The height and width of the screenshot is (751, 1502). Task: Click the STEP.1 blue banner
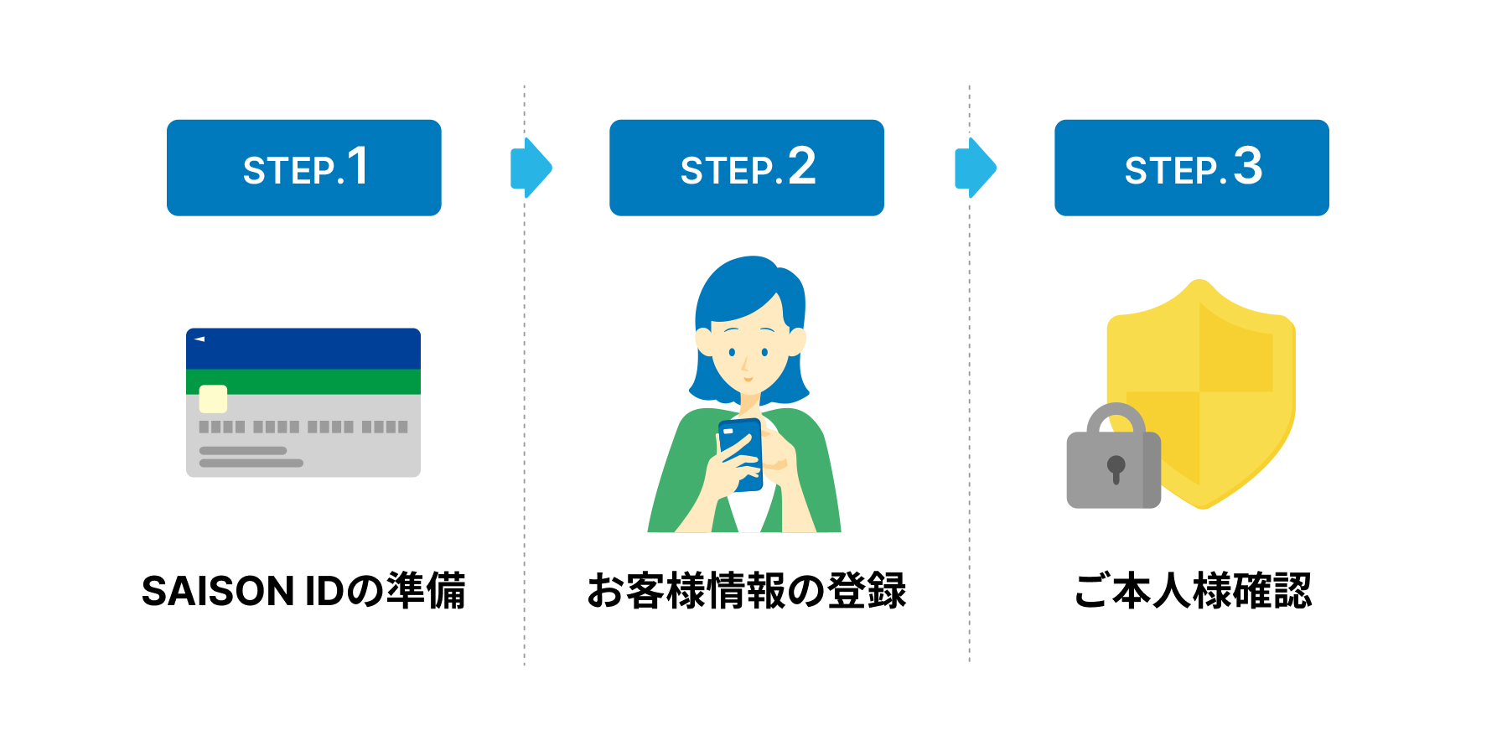point(303,168)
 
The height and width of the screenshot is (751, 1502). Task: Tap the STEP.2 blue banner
point(746,168)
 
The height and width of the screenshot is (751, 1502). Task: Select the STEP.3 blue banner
point(1191,168)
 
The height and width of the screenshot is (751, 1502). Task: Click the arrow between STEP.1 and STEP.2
point(531,168)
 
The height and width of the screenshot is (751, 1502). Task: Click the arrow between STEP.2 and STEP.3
point(975,168)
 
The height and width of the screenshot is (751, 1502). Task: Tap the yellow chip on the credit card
point(213,399)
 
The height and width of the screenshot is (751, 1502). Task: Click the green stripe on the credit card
point(319,381)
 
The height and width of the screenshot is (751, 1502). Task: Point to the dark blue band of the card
point(303,349)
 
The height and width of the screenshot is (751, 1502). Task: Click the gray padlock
point(1113,469)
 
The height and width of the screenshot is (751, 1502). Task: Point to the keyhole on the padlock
point(1116,469)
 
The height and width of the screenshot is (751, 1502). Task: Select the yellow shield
point(1232,377)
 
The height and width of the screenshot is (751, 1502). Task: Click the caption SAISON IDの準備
point(303,591)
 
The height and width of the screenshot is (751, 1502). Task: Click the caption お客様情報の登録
point(746,591)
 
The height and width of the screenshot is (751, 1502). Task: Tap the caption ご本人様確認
point(1192,591)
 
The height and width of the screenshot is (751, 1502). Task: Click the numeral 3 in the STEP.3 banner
point(1247,166)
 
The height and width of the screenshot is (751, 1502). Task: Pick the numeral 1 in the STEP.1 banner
point(358,166)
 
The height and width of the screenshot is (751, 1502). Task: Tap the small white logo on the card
point(199,339)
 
